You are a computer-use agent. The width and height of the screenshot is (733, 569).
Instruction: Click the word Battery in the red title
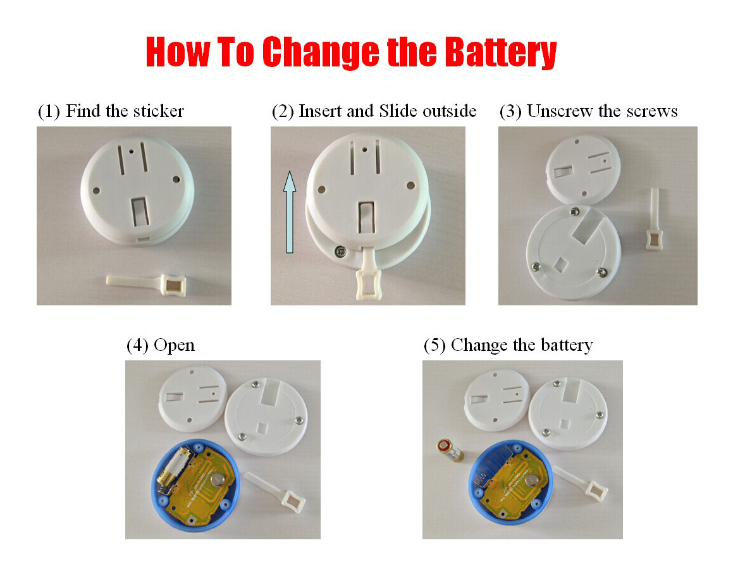[499, 52]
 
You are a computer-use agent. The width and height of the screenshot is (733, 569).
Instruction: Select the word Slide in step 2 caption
[398, 111]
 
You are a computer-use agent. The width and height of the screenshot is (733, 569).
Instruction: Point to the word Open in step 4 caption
[174, 345]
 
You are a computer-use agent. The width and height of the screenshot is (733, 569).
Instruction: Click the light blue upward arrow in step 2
[289, 211]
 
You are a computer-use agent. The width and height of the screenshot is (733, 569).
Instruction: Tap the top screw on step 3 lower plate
[575, 211]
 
